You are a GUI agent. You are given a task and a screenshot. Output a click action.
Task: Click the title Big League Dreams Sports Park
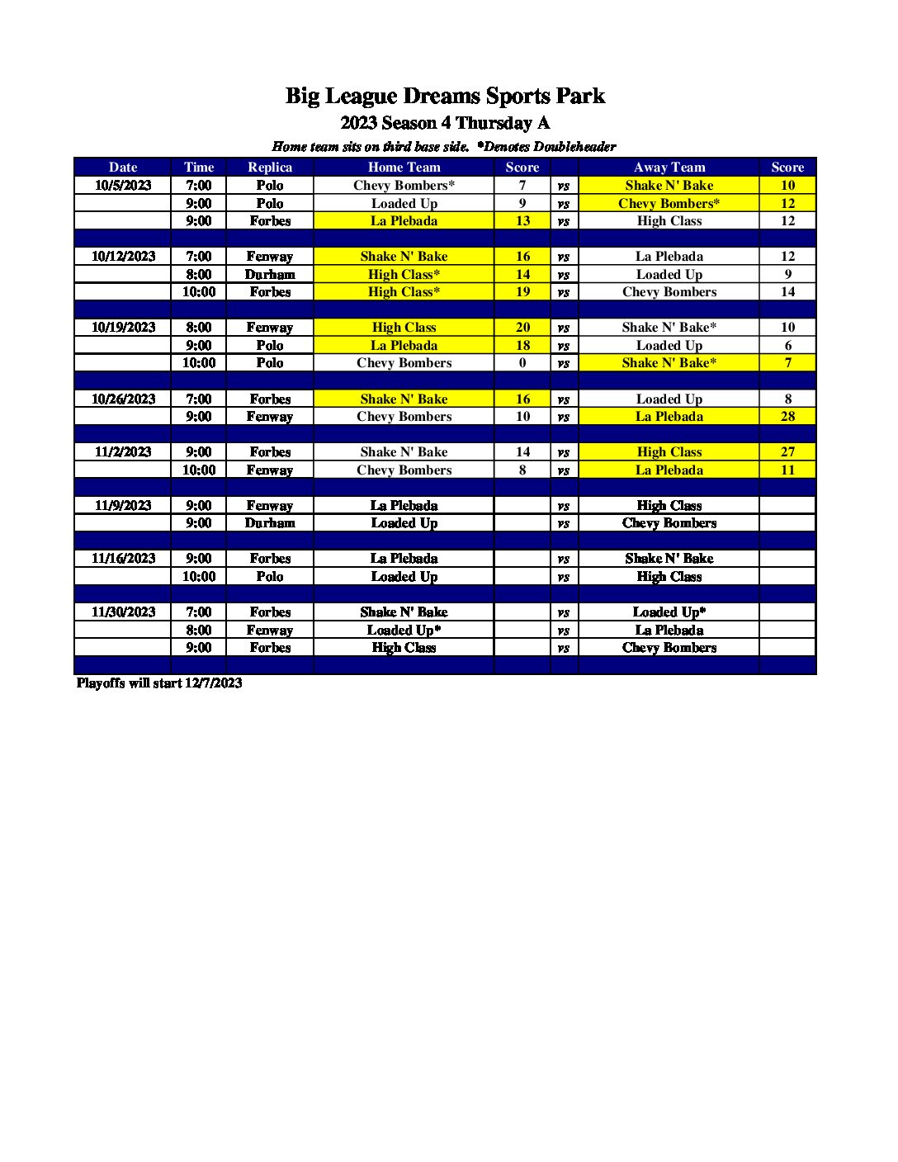[x=445, y=96]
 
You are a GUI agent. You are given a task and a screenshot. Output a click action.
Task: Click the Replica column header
[x=270, y=167]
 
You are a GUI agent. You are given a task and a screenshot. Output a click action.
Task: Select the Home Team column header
[x=404, y=167]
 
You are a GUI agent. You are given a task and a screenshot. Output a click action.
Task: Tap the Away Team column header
[x=669, y=167]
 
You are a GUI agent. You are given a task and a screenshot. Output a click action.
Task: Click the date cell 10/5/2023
[x=123, y=185]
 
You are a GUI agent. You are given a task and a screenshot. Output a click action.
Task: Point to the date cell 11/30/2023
[x=123, y=612]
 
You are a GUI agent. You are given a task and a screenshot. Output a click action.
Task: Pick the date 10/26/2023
[x=123, y=399]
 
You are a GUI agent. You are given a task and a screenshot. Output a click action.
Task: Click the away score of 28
[x=787, y=416]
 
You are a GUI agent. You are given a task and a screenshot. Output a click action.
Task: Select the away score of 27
[x=787, y=451]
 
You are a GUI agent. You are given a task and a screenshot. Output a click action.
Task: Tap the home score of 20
[x=522, y=327]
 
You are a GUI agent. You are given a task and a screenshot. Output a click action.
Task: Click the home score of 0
[x=522, y=362]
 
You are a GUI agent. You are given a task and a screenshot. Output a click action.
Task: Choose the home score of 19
[x=522, y=291]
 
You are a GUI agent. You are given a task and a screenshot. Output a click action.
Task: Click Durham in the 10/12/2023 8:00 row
[x=270, y=274]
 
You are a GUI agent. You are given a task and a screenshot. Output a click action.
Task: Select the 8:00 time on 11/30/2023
[x=198, y=630]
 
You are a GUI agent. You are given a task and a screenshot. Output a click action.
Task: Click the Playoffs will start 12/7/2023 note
[x=159, y=683]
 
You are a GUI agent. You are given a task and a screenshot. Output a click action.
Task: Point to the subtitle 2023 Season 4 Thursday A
[x=445, y=123]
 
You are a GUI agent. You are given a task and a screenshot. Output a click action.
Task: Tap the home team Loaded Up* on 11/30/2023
[x=404, y=630]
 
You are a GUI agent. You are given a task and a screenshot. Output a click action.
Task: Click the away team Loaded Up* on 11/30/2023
[x=669, y=612]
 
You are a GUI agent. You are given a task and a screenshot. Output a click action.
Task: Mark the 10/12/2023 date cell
[x=123, y=256]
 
